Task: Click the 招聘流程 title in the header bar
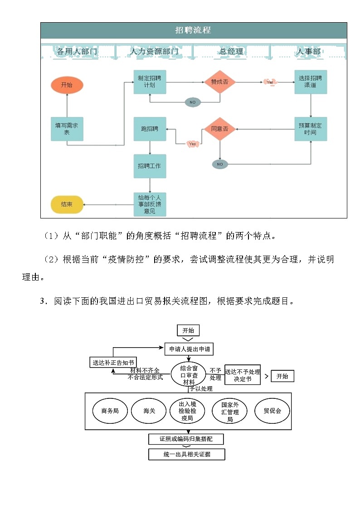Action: [x=193, y=30]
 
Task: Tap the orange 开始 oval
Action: [x=67, y=85]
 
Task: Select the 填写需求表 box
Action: [x=67, y=129]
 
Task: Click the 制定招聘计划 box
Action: [x=149, y=82]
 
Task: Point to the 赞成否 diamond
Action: [x=220, y=82]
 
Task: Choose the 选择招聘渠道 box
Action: [x=311, y=82]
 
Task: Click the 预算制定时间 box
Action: [x=311, y=129]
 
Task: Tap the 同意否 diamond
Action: [x=220, y=129]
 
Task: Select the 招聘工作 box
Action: [x=149, y=166]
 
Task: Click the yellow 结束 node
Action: [x=67, y=204]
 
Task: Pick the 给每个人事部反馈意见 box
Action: [x=149, y=204]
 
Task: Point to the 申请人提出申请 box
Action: [x=188, y=349]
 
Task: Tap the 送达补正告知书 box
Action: [x=113, y=362]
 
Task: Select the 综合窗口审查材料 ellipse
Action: [x=189, y=375]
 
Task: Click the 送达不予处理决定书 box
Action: [x=243, y=375]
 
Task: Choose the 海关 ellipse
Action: [x=149, y=411]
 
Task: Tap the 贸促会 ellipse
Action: [x=272, y=411]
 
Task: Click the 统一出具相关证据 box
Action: [x=187, y=454]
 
